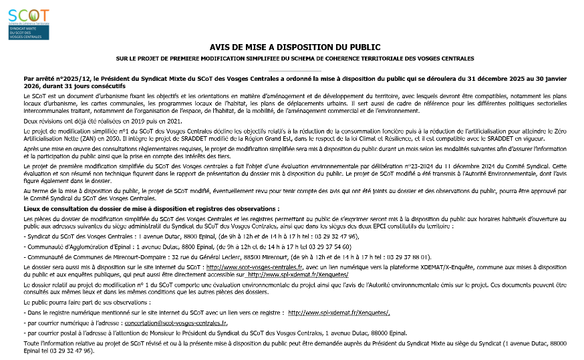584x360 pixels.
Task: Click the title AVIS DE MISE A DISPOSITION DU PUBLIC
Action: (x=295, y=47)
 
